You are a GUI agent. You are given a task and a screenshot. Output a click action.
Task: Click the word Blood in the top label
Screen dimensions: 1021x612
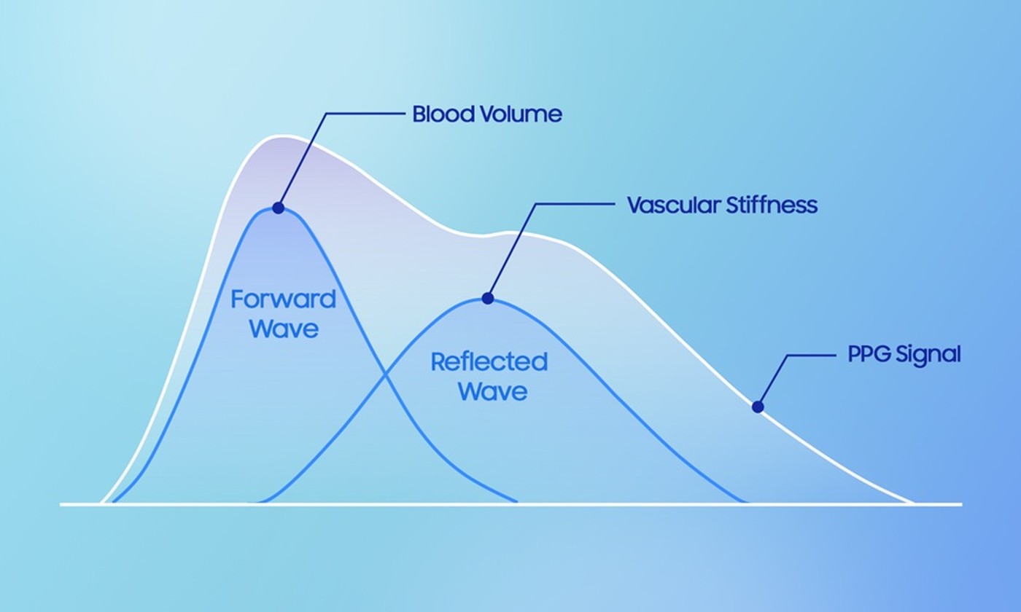443,114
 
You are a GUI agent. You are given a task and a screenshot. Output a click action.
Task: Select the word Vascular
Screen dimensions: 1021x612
674,205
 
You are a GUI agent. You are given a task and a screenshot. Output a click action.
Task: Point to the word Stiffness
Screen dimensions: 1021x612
772,205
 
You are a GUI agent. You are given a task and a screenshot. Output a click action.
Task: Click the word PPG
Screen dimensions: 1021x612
869,354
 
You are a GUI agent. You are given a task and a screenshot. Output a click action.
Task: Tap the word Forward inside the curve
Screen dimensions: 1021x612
284,299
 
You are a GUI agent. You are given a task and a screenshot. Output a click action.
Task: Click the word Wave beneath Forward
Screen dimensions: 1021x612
284,329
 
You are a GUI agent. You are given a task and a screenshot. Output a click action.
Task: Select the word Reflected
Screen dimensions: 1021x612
489,361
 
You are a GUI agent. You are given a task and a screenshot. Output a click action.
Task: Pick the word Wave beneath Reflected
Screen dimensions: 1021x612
493,391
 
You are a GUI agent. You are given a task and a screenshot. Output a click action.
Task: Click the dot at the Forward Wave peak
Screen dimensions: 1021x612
279,208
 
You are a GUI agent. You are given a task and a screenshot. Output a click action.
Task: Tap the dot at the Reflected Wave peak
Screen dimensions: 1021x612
488,299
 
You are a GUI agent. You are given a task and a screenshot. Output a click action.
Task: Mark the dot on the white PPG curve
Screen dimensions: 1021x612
758,407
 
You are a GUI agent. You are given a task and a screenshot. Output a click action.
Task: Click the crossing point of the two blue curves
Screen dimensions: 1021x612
386,375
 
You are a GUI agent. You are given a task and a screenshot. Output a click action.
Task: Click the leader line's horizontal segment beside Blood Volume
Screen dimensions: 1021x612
366,114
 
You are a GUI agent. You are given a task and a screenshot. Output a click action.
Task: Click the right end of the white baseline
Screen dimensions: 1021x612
962,504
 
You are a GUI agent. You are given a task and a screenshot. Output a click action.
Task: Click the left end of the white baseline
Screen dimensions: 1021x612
61,504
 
